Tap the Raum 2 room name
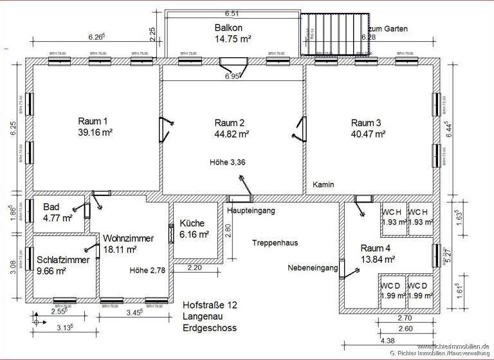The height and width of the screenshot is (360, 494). click(230, 123)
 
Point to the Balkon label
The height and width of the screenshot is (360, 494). click(228, 28)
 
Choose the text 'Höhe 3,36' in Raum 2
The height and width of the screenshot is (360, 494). click(228, 163)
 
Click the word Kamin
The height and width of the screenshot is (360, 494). click(324, 184)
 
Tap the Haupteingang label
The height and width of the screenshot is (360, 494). click(252, 210)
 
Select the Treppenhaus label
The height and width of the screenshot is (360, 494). click(275, 243)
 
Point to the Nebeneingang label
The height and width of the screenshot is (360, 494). click(313, 268)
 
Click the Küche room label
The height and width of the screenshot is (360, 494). click(192, 224)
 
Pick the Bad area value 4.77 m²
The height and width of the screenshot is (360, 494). click(58, 218)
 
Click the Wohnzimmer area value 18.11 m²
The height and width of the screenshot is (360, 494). click(120, 249)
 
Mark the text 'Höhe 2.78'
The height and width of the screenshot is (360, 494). click(147, 270)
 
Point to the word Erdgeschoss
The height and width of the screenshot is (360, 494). click(210, 328)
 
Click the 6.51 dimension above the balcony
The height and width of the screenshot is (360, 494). click(232, 13)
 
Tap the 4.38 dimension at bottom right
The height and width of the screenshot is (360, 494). click(388, 341)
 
